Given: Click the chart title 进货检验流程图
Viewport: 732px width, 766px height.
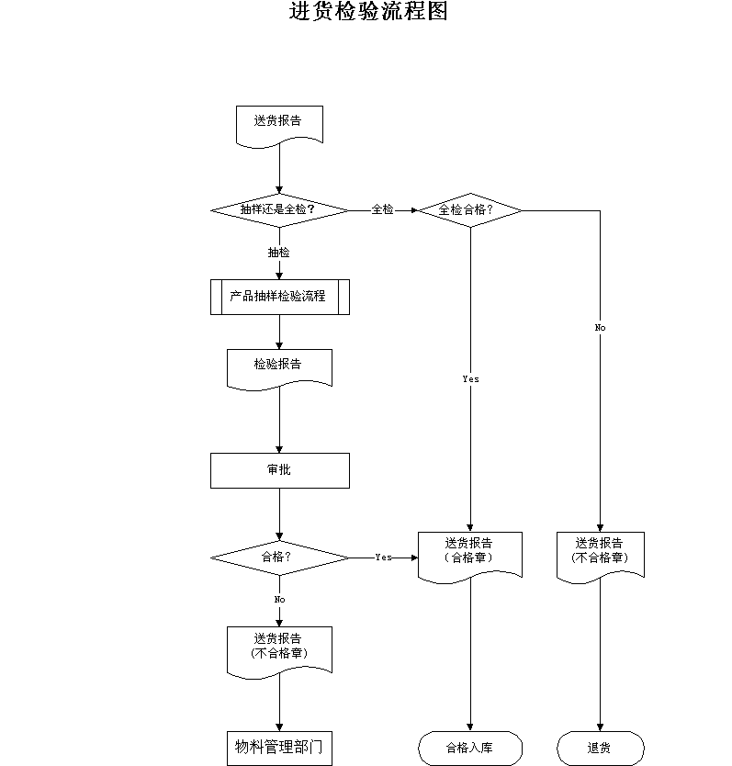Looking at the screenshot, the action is click(x=368, y=11).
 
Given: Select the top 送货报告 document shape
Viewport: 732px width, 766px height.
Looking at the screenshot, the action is click(x=279, y=127).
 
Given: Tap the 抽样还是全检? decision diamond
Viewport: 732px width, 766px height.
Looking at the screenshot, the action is click(x=280, y=210).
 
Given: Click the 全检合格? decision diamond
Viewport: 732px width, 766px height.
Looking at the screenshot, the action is click(x=470, y=210).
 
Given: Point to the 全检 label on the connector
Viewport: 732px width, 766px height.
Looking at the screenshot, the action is click(x=382, y=209).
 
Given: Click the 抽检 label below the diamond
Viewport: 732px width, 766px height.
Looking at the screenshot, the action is click(x=278, y=253).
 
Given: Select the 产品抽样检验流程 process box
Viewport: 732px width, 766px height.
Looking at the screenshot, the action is click(x=280, y=297).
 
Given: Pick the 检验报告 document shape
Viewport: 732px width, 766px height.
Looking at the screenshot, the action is click(x=279, y=370).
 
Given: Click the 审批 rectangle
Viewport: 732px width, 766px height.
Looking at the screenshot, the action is click(x=280, y=470).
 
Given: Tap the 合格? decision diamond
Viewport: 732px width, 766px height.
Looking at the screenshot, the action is click(x=280, y=558).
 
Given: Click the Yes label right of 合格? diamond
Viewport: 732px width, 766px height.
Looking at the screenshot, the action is click(x=384, y=557).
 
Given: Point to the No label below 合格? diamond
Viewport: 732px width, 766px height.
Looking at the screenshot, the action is click(x=279, y=600).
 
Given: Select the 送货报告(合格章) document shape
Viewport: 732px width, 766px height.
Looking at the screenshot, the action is click(x=470, y=558).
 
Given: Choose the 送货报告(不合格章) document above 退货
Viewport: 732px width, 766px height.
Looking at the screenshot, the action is click(x=601, y=558).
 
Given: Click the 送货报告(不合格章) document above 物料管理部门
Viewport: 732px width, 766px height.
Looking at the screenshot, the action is click(x=279, y=653).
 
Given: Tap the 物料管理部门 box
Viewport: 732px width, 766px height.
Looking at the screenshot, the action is click(x=279, y=748).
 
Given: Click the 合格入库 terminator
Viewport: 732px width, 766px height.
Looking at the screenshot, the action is click(x=470, y=748).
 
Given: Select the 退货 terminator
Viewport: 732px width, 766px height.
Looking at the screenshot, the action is click(x=601, y=748).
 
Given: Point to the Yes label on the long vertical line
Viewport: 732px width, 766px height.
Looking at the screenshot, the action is click(x=470, y=379).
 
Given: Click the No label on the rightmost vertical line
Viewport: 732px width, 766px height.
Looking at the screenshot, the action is click(x=600, y=328).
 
